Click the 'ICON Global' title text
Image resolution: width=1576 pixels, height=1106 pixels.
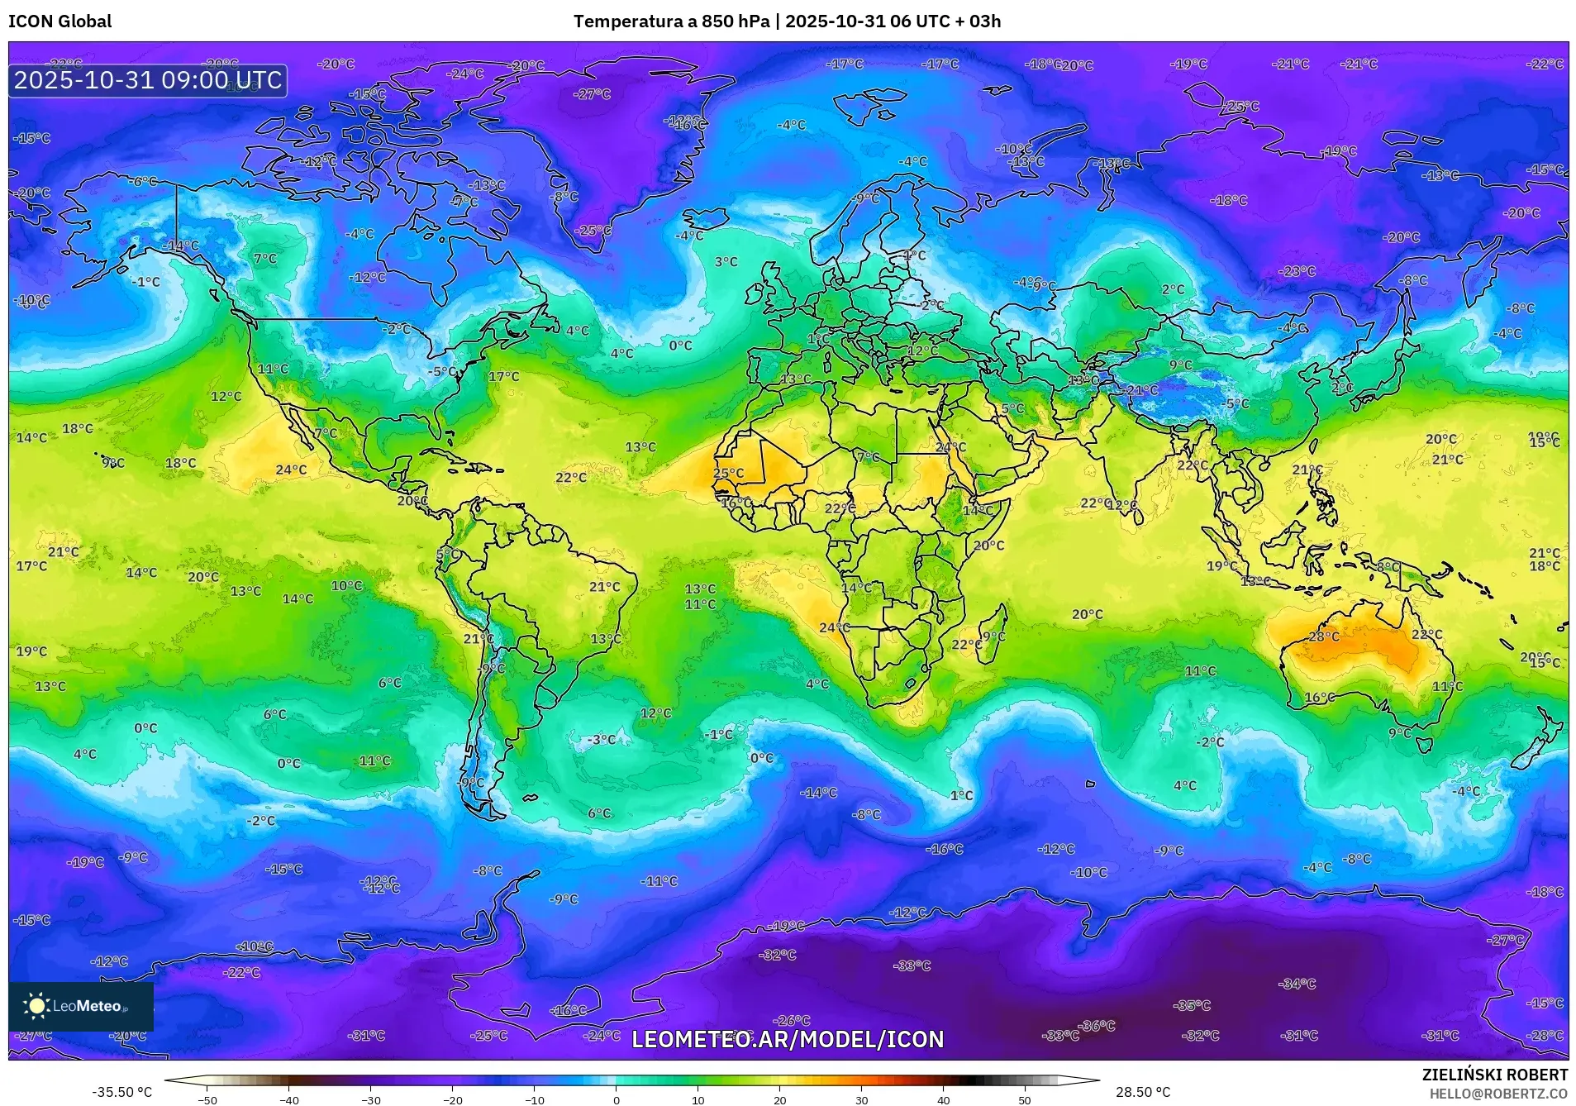(x=60, y=21)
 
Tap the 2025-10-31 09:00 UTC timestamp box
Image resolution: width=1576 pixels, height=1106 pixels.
(x=148, y=81)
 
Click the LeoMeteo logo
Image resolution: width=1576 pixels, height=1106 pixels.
(x=80, y=1006)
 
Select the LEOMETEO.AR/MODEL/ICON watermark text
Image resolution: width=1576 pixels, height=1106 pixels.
(x=787, y=1039)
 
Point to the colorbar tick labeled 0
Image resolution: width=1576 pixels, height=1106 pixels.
(x=616, y=1099)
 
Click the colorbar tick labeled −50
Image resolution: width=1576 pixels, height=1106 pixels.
(x=207, y=1099)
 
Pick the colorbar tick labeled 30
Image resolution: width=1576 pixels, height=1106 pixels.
(x=861, y=1099)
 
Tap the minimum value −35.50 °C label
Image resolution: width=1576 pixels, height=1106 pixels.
(x=121, y=1092)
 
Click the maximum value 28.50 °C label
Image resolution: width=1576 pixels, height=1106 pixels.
(x=1142, y=1092)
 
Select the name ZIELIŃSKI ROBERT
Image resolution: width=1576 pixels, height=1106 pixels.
(x=1494, y=1075)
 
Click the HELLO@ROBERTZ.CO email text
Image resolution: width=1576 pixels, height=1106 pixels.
(x=1498, y=1093)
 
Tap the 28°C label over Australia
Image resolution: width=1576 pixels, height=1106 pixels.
(x=1323, y=636)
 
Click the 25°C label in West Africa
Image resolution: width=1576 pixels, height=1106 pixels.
(x=728, y=474)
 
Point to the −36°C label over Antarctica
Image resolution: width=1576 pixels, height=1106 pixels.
(x=1097, y=1026)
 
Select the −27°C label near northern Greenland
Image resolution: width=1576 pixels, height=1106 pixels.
(x=592, y=94)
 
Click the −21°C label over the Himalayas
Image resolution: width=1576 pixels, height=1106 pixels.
(x=1141, y=390)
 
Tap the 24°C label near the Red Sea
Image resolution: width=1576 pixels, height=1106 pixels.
(x=950, y=447)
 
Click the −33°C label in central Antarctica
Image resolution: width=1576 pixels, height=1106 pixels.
(x=912, y=965)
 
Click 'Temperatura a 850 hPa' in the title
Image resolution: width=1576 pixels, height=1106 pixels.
(x=671, y=21)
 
